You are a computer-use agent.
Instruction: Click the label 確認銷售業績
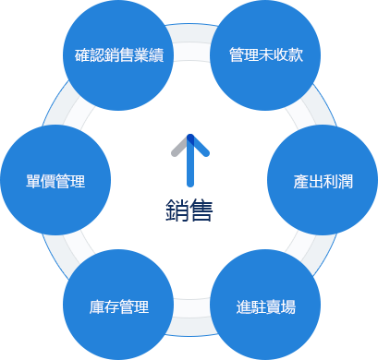pos(118,54)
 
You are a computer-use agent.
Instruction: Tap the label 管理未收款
pos(265,54)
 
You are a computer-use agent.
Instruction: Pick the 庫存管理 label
pos(119,306)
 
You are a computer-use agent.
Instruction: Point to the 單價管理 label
pos(55,181)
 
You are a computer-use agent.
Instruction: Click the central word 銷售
pos(189,211)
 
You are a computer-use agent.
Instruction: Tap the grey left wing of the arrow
pos(178,148)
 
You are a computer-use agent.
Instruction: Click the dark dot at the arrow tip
pos(189,139)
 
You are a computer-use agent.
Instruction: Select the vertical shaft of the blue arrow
pos(189,166)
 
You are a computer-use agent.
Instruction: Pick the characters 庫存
pos(104,306)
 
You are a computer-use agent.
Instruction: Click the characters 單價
pos(41,181)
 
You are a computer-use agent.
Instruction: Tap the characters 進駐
pos(251,306)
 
